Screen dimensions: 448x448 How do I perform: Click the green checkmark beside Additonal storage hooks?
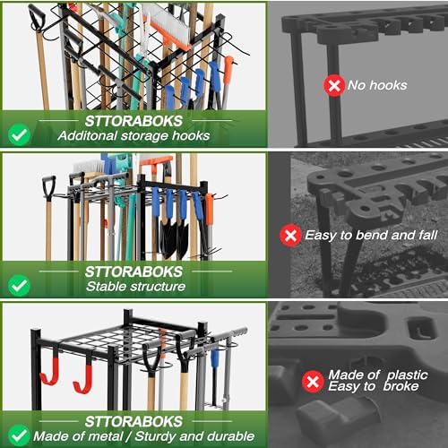point(20,135)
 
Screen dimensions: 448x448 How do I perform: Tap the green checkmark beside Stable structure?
point(20,286)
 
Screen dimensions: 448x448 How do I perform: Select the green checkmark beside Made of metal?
point(20,435)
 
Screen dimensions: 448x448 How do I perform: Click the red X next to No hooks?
point(334,85)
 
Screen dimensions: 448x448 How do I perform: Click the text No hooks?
point(379,85)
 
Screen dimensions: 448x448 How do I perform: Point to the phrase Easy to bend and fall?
point(367,236)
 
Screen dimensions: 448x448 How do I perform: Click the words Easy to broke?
point(368,390)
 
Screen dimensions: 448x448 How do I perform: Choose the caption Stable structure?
point(123,287)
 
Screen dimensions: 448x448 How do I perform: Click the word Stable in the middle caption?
point(93,287)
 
